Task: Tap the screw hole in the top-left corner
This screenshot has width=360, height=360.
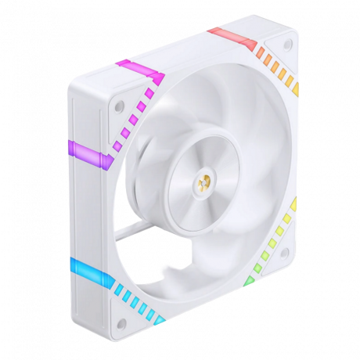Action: coord(118,103)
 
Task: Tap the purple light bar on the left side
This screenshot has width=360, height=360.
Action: coord(84,149)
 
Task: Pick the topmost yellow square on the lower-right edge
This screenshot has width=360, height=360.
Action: coord(293,204)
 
